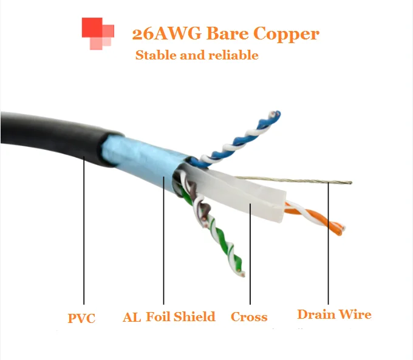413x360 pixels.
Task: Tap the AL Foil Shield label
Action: tap(169, 317)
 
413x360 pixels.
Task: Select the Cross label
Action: tap(249, 317)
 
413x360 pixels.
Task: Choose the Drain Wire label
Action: tap(334, 314)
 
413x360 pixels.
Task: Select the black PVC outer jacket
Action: tap(49, 137)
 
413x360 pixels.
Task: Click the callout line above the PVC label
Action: tap(84, 231)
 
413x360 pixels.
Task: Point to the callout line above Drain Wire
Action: tap(329, 243)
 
